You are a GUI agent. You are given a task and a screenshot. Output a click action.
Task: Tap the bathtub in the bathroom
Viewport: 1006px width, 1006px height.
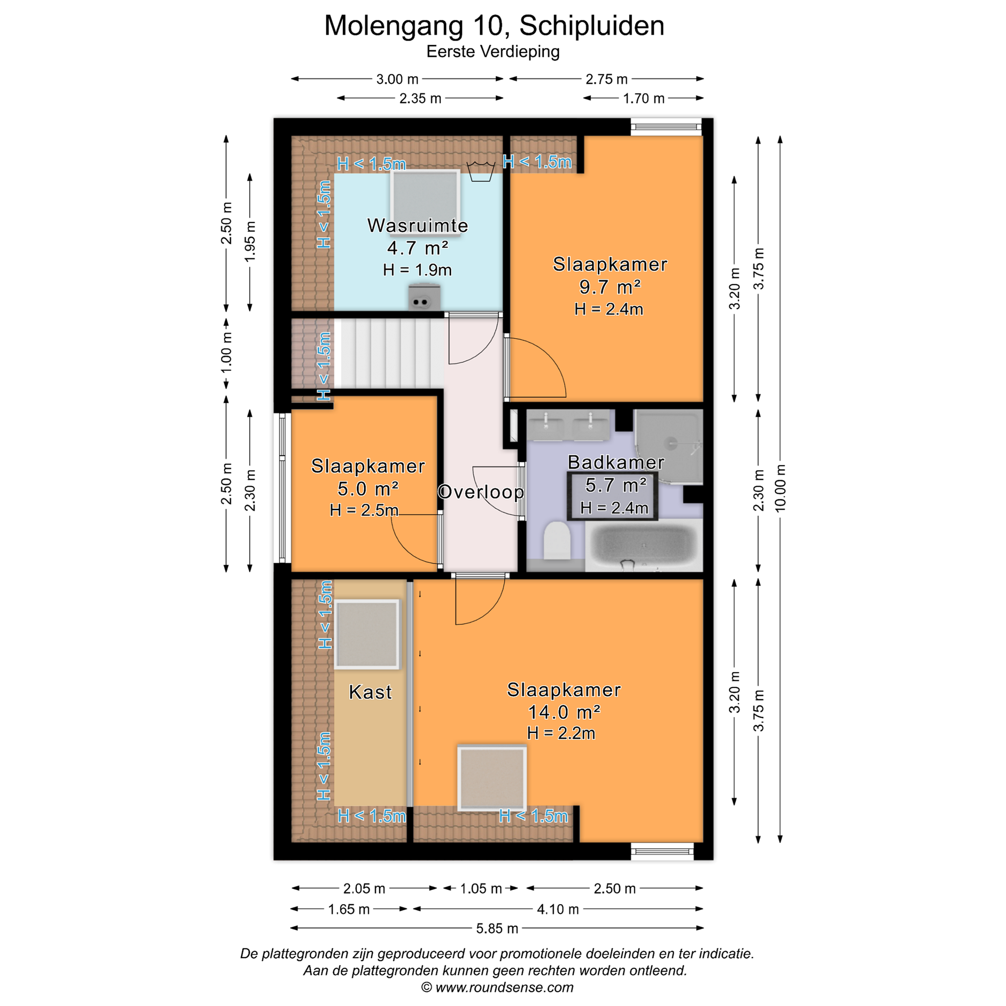pyautogui.click(x=643, y=545)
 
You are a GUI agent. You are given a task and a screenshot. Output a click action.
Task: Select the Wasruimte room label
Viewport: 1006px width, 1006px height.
pyautogui.click(x=418, y=225)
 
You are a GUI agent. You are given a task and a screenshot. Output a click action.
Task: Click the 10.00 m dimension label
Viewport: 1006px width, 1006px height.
pyautogui.click(x=780, y=488)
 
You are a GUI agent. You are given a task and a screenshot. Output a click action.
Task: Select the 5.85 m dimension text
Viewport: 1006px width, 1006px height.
pyautogui.click(x=497, y=928)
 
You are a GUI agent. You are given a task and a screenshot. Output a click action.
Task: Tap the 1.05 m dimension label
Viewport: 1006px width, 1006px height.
pyautogui.click(x=481, y=888)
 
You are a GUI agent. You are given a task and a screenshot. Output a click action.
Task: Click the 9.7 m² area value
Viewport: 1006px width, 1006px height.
pyautogui.click(x=610, y=286)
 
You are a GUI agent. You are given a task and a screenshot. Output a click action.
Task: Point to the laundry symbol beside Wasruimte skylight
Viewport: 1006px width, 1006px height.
pyautogui.click(x=481, y=171)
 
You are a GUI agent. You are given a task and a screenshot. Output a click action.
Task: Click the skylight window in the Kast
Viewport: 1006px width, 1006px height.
pyautogui.click(x=367, y=634)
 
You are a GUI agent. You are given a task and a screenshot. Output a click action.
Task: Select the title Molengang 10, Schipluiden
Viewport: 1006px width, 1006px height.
pyautogui.click(x=494, y=26)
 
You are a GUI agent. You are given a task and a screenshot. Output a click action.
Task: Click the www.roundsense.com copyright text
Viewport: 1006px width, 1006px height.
pyautogui.click(x=497, y=987)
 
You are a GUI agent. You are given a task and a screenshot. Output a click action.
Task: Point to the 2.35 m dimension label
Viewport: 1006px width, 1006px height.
pyautogui.click(x=420, y=99)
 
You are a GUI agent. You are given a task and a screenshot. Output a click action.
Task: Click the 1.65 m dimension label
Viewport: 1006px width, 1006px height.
pyautogui.click(x=349, y=909)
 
